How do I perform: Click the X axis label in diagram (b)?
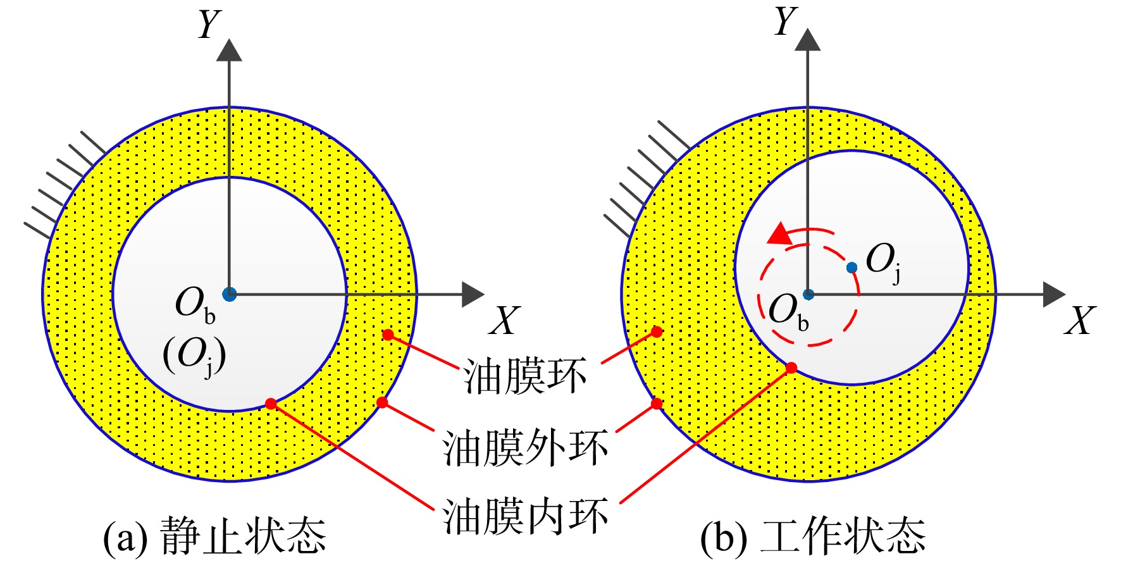pos(1079,320)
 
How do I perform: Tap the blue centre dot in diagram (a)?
pos(229,294)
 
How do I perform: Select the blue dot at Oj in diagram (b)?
pos(852,268)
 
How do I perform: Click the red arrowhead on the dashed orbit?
pos(780,234)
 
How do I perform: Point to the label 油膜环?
pos(525,376)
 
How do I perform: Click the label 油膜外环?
pos(525,448)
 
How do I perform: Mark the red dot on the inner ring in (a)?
pos(271,404)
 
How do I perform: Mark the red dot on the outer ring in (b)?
pos(657,404)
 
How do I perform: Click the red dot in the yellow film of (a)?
pos(388,335)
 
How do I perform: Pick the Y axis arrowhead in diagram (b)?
pos(807,39)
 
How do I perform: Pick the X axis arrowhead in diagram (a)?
pos(473,294)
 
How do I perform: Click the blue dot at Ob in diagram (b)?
pos(808,294)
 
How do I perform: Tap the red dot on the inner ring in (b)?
pos(791,368)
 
